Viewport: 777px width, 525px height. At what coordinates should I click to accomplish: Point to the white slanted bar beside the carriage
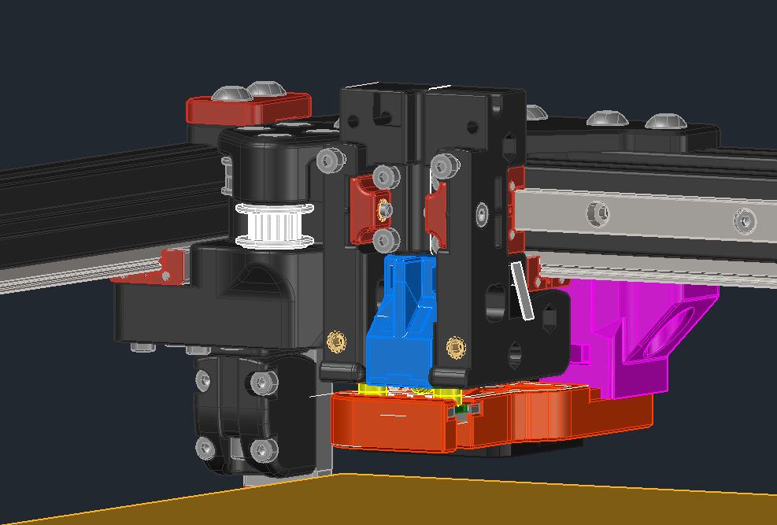[522, 291]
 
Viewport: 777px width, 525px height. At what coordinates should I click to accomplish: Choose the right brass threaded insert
[454, 346]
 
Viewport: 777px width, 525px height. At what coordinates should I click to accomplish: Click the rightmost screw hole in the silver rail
[743, 220]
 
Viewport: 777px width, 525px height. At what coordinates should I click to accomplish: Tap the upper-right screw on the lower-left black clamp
[262, 382]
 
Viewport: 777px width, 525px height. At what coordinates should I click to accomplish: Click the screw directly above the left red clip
[384, 176]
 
